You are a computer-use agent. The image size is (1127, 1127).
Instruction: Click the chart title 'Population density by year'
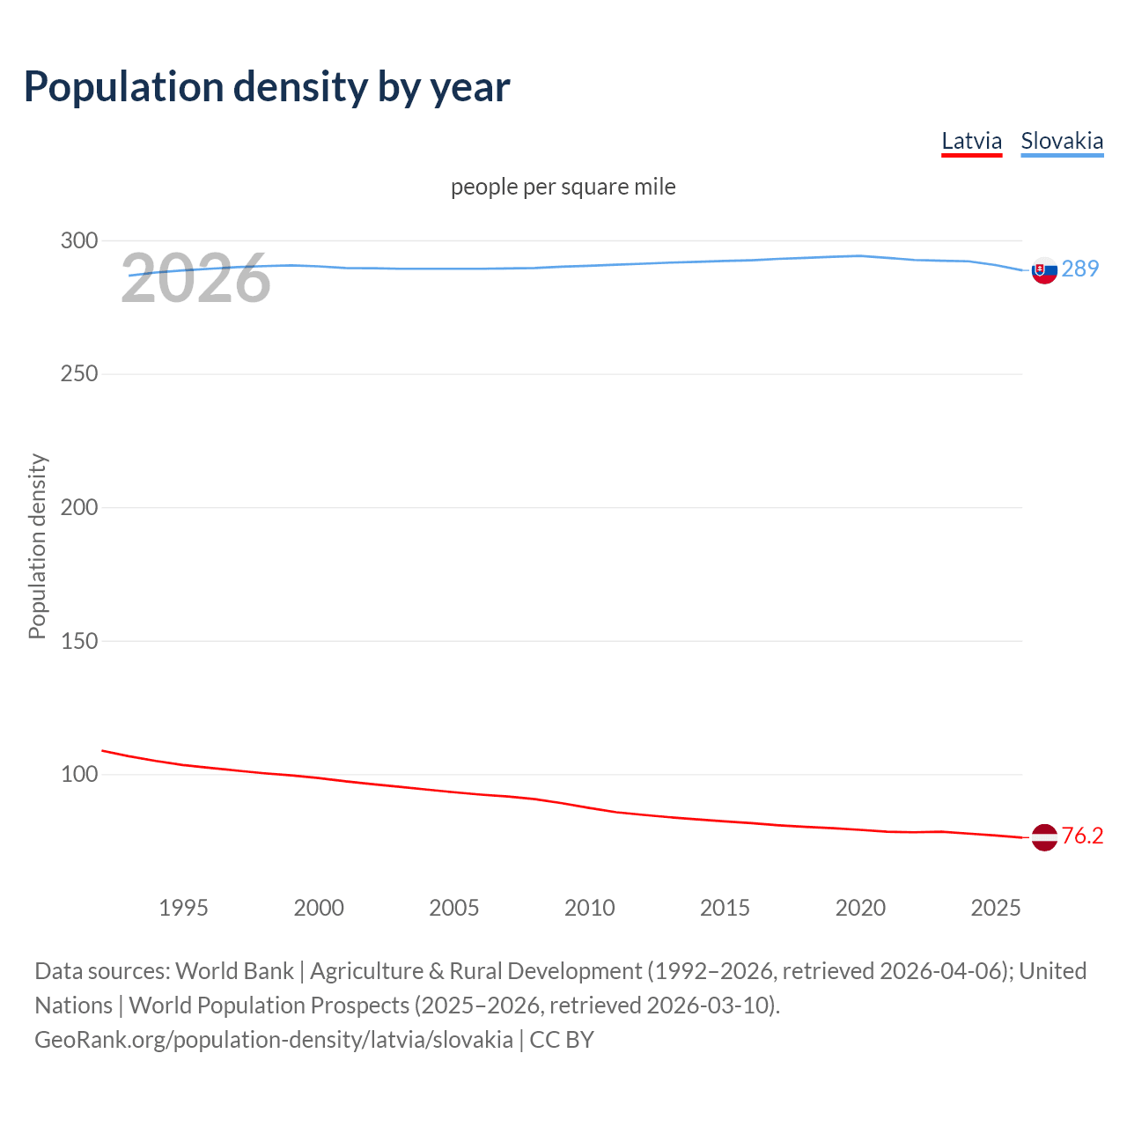click(267, 87)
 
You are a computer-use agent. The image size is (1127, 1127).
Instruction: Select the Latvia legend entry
click(971, 141)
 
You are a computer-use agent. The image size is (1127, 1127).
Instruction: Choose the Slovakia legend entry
click(1061, 141)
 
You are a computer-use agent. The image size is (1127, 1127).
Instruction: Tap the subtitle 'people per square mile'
click(563, 187)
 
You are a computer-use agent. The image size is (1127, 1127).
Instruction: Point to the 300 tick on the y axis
click(79, 240)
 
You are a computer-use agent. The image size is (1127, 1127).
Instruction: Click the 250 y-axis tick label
click(79, 374)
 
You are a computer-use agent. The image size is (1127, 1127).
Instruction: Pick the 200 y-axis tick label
click(79, 508)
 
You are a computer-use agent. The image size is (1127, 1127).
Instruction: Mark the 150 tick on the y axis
click(79, 641)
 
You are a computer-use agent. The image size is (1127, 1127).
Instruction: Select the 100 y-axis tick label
click(79, 775)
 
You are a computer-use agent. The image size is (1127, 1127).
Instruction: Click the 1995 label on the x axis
click(183, 908)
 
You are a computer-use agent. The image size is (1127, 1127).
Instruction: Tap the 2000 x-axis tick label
click(319, 908)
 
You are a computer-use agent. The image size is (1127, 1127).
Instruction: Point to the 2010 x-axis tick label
click(589, 908)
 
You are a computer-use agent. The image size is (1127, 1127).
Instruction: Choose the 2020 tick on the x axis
click(860, 908)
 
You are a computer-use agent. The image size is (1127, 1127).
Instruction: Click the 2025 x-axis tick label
click(995, 908)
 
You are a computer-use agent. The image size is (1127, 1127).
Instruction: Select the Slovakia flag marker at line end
click(1044, 271)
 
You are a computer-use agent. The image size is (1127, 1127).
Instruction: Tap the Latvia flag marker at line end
click(1044, 837)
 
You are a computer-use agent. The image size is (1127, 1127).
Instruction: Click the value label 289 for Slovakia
click(1079, 269)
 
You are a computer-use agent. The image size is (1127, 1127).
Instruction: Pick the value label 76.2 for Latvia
click(1082, 836)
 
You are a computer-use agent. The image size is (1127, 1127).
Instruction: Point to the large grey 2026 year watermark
click(195, 279)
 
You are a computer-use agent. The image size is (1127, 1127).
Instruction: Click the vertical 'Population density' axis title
click(37, 546)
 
